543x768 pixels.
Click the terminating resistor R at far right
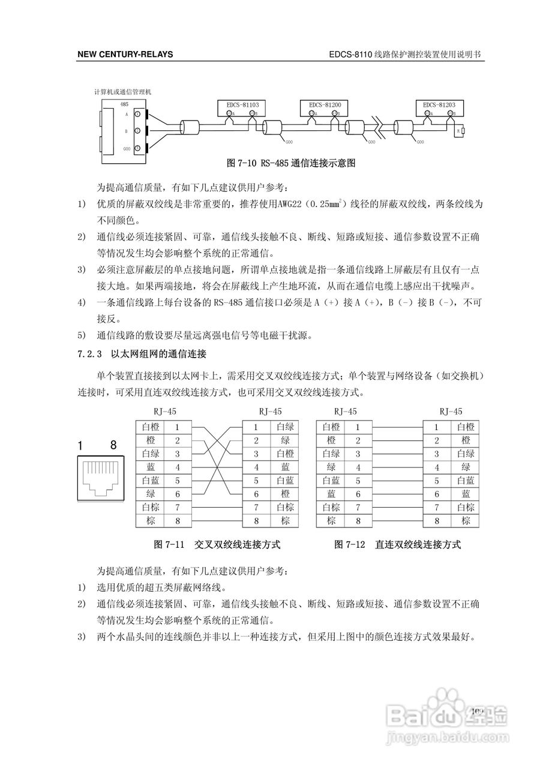point(463,130)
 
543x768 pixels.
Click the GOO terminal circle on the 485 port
point(137,148)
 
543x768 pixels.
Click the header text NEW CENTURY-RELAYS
point(125,55)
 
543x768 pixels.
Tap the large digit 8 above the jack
point(113,446)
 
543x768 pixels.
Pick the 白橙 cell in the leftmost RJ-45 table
point(150,428)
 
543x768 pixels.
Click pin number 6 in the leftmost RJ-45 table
point(178,494)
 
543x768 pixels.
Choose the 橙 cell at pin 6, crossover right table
point(285,494)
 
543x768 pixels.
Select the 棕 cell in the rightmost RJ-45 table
point(466,521)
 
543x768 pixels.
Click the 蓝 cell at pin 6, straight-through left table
point(331,494)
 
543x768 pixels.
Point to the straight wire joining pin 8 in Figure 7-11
point(216,521)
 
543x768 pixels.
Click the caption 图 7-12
point(350,545)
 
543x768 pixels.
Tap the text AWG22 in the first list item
point(291,204)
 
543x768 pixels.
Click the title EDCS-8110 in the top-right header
point(350,55)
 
